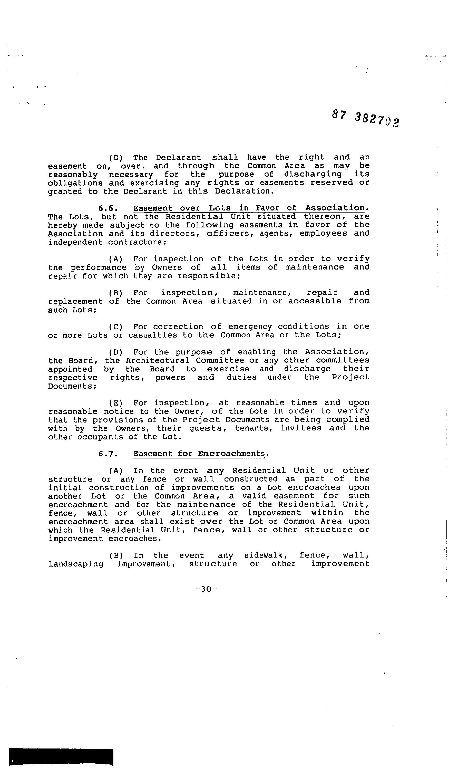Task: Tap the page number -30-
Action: tap(206, 589)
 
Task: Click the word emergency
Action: tap(250, 327)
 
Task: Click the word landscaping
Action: tap(76, 564)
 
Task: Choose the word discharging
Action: tap(313, 174)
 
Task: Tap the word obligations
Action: tap(75, 183)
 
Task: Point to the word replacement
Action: tap(75, 301)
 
